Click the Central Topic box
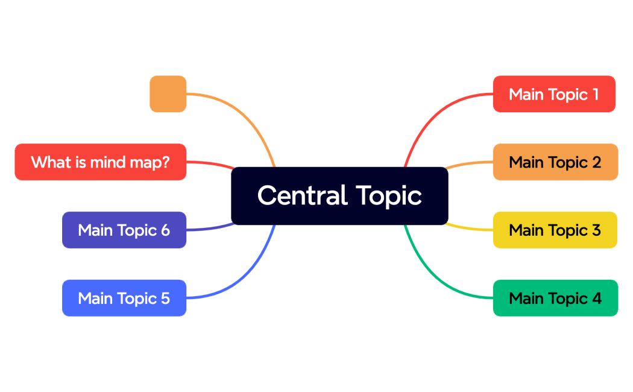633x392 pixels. pos(339,196)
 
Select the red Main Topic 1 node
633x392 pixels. pos(554,94)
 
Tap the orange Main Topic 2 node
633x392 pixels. pos(555,162)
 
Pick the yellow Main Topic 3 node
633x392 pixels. pos(555,230)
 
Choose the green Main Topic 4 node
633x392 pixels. pos(555,298)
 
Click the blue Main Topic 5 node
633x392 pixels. pos(124,298)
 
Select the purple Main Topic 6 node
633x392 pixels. pos(124,230)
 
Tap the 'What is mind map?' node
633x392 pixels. pos(100,162)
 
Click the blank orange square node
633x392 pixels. pos(168,94)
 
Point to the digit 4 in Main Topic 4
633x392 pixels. pos(596,298)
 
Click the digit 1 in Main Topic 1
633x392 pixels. pos(595,94)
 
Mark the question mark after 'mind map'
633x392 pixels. pos(165,162)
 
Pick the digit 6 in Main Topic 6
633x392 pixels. pos(165,230)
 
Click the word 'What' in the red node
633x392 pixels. pos(46,162)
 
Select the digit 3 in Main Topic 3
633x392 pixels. pos(596,230)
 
